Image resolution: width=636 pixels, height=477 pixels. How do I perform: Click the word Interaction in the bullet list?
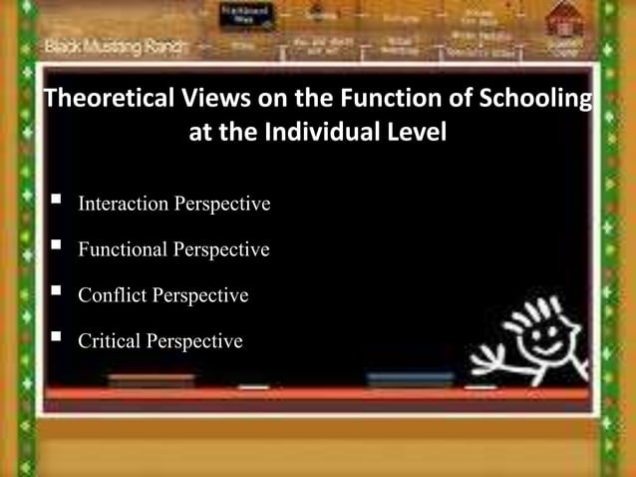pyautogui.click(x=124, y=205)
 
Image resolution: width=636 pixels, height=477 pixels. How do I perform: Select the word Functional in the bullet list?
pyautogui.click(x=123, y=249)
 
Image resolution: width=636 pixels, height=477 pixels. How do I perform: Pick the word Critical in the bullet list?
pyautogui.click(x=109, y=341)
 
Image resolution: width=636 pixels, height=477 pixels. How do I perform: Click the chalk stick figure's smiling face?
pyautogui.click(x=544, y=334)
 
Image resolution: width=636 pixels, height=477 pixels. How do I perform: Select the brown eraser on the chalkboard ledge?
pyautogui.click(x=152, y=380)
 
